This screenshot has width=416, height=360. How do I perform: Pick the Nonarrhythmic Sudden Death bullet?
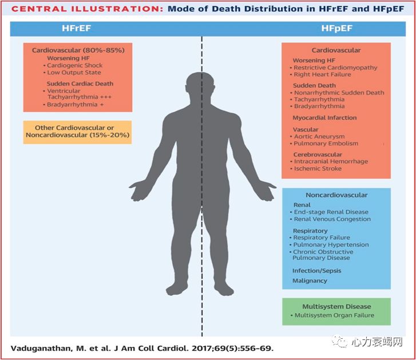point(339,93)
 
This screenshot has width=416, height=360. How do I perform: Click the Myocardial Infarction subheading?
point(324,118)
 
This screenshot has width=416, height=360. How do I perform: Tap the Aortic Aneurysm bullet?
point(319,137)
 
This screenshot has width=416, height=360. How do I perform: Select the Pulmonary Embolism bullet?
point(324,144)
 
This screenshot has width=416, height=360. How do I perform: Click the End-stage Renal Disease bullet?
point(331,212)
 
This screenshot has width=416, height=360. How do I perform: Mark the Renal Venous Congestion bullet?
point(332,219)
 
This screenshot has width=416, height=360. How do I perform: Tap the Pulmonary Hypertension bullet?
point(331,244)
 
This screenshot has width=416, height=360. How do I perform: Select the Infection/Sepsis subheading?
point(317,270)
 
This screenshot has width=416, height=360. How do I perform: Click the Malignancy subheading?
point(310,280)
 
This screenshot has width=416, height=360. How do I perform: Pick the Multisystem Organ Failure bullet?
point(334,315)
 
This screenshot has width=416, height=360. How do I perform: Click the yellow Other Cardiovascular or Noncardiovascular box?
point(78,132)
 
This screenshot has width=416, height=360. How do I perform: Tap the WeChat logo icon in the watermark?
point(341,342)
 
